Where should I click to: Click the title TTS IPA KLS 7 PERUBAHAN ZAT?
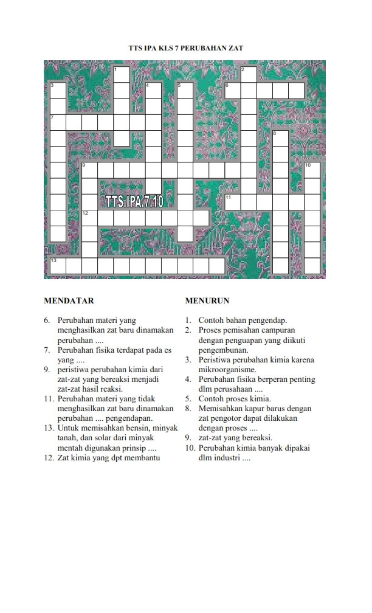(186, 47)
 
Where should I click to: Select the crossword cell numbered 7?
(57, 122)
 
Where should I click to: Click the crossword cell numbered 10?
(312, 170)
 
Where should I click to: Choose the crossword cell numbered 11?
(232, 202)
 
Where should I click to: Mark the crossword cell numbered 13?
(57, 266)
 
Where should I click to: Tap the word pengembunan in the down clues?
(223, 350)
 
